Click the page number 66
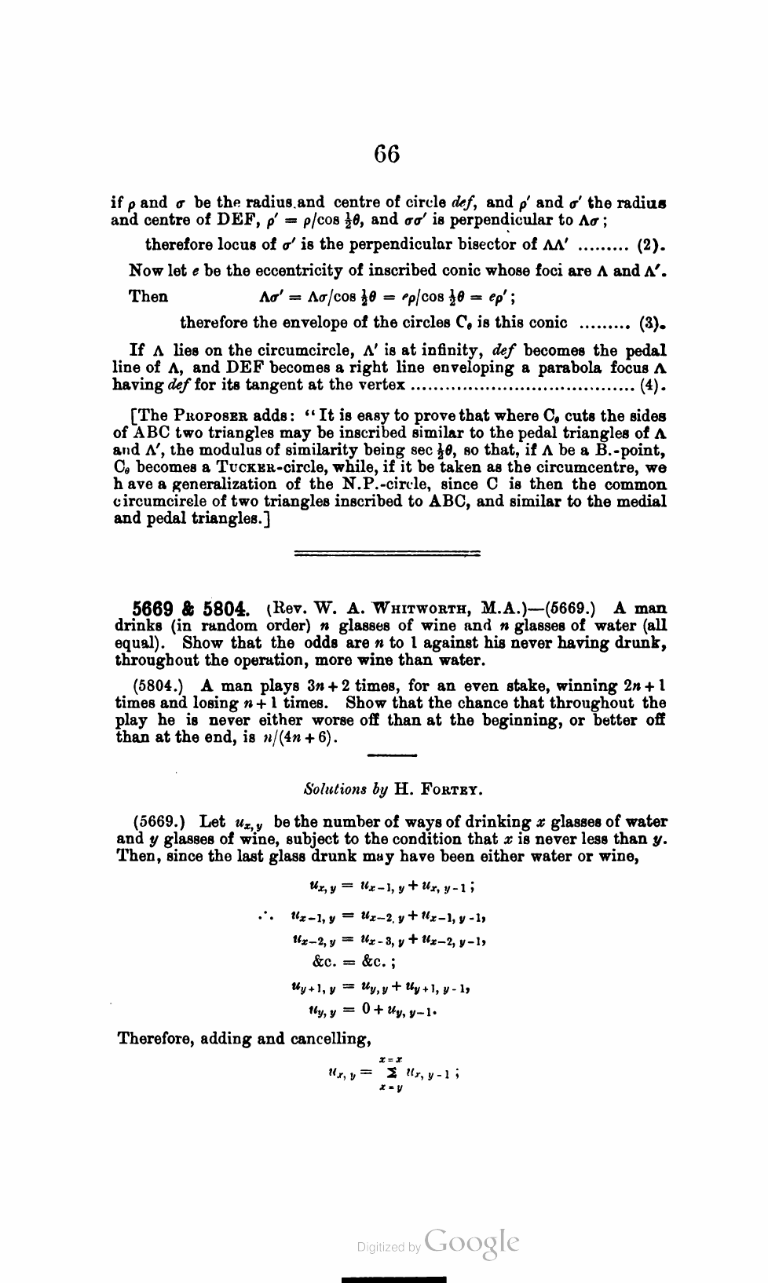point(386,154)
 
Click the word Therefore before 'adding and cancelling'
point(156,1039)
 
